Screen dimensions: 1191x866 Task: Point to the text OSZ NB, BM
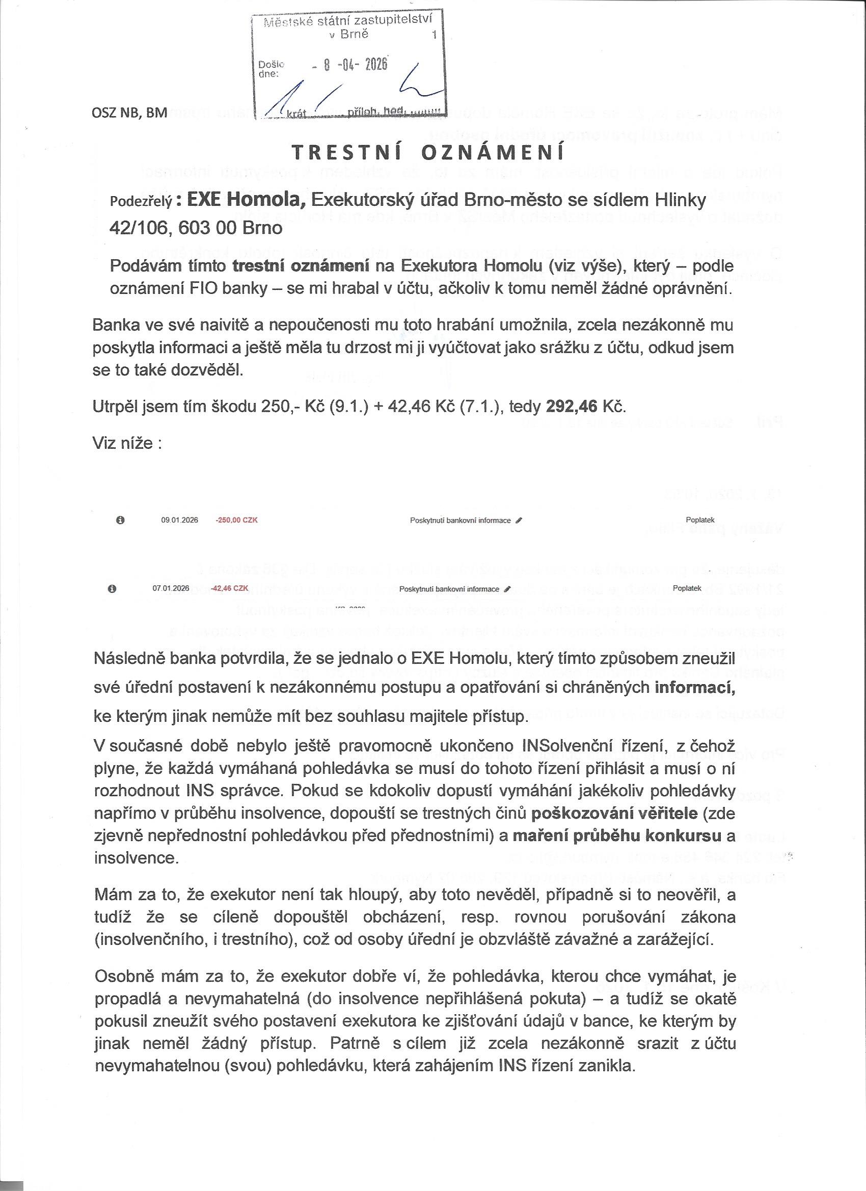130,113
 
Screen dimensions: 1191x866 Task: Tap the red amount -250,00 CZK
236,520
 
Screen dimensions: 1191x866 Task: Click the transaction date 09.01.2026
180,520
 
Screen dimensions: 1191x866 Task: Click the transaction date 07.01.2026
171,589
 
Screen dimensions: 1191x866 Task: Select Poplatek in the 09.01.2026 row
700,520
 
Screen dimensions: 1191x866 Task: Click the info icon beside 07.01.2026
112,589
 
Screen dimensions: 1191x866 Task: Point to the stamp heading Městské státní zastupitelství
347,21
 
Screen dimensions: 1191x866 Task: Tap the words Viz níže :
127,443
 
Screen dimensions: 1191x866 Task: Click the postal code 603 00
207,228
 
